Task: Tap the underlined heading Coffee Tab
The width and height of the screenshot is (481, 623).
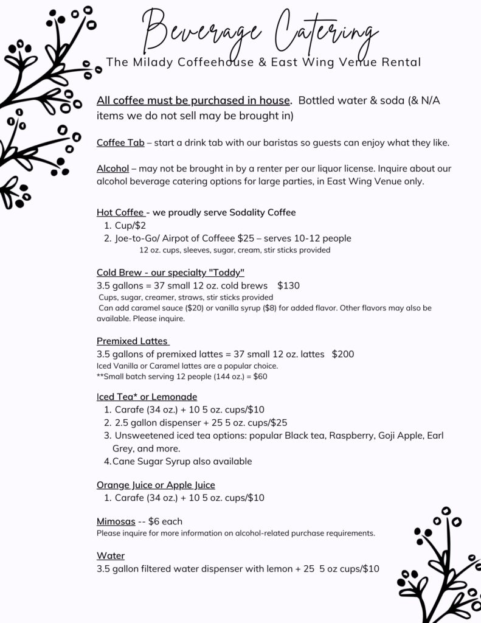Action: [x=120, y=143]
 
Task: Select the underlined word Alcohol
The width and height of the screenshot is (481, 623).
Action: [x=112, y=169]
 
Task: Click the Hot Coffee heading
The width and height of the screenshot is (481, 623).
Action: [x=120, y=212]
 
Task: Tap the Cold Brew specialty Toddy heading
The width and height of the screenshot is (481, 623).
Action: [x=170, y=272]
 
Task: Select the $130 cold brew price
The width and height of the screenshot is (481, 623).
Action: [x=288, y=285]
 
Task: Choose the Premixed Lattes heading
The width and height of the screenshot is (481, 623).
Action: [x=133, y=341]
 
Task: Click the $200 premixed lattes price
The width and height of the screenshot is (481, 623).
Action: [x=343, y=354]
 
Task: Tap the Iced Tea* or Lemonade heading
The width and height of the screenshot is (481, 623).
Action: [x=147, y=397]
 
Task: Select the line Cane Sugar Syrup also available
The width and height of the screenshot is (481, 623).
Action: [x=182, y=461]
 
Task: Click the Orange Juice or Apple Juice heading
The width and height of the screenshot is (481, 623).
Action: [x=156, y=485]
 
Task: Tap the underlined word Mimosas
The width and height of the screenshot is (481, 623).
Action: [x=116, y=521]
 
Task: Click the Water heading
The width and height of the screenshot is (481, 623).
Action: [x=111, y=556]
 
